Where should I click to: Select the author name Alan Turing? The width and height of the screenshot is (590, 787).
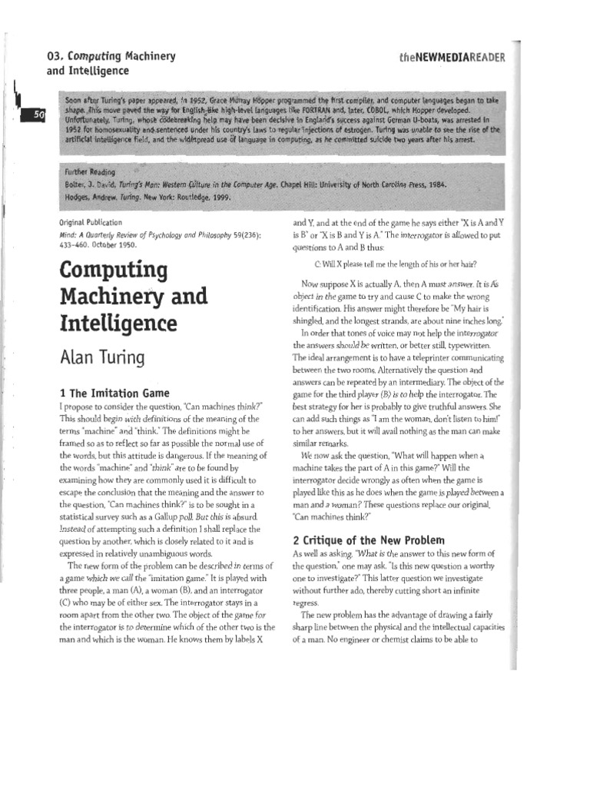[104, 359]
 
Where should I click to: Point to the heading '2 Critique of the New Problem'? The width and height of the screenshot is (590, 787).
[368, 540]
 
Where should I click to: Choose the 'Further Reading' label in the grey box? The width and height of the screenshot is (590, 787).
[90, 172]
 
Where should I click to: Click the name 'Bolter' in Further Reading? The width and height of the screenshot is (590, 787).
[77, 184]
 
